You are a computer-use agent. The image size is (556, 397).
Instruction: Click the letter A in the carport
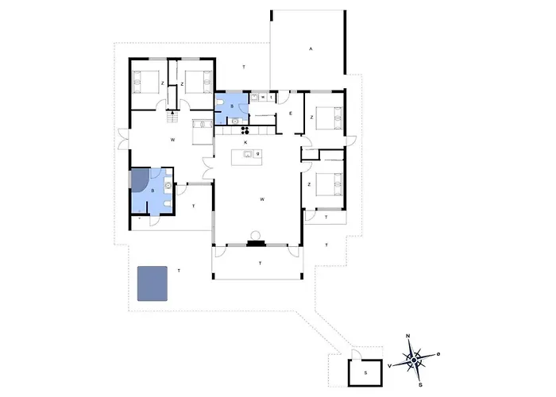point(311,49)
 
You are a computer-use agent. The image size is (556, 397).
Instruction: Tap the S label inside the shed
point(365,373)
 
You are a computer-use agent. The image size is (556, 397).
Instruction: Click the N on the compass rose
point(407,336)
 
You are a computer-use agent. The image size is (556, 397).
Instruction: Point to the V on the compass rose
point(390,366)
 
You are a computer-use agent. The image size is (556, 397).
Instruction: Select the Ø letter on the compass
point(438,354)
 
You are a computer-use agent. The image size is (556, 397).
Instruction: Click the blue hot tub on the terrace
point(153,283)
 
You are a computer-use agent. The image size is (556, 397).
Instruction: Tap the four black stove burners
point(245,130)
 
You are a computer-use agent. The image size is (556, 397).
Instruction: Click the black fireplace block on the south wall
point(256,243)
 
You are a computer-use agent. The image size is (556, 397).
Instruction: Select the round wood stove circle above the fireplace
point(255,235)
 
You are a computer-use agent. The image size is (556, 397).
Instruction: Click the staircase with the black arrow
point(172,117)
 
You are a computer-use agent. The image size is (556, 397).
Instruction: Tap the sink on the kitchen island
point(248,154)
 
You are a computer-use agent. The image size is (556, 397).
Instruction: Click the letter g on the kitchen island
point(258,154)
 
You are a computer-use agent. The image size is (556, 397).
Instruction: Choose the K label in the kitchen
point(245,142)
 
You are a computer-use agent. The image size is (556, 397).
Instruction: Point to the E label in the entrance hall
point(291,114)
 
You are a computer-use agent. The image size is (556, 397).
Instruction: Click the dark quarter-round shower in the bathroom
point(139,180)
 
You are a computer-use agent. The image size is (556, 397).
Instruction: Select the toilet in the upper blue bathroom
point(220,102)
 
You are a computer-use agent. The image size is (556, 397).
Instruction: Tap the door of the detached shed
point(356,354)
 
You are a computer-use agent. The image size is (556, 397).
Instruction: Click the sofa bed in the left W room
point(203,132)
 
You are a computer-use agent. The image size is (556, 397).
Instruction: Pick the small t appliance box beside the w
point(272,97)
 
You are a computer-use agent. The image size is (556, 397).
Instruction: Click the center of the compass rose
point(414,360)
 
